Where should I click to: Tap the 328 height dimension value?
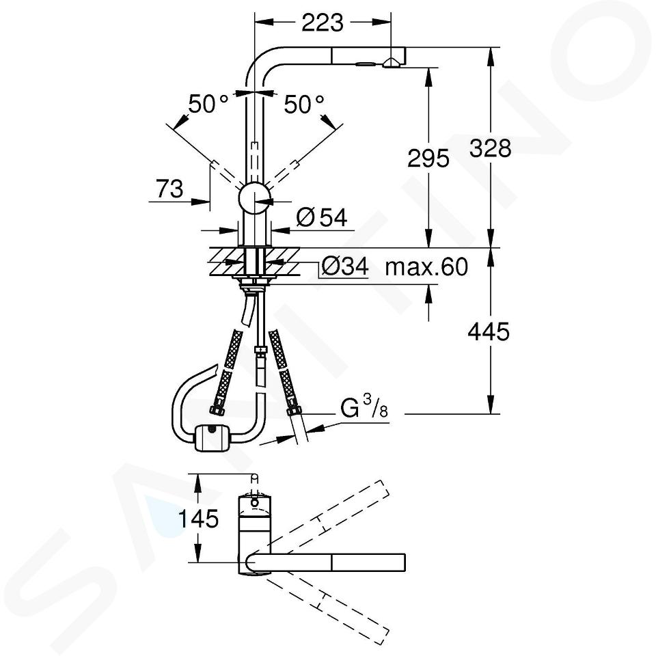click(491, 148)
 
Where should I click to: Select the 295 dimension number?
click(428, 158)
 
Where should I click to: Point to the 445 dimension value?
click(489, 332)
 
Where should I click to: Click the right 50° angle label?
click(304, 104)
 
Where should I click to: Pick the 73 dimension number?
click(170, 189)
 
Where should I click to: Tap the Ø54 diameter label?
click(322, 217)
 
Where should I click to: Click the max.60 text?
click(426, 266)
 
